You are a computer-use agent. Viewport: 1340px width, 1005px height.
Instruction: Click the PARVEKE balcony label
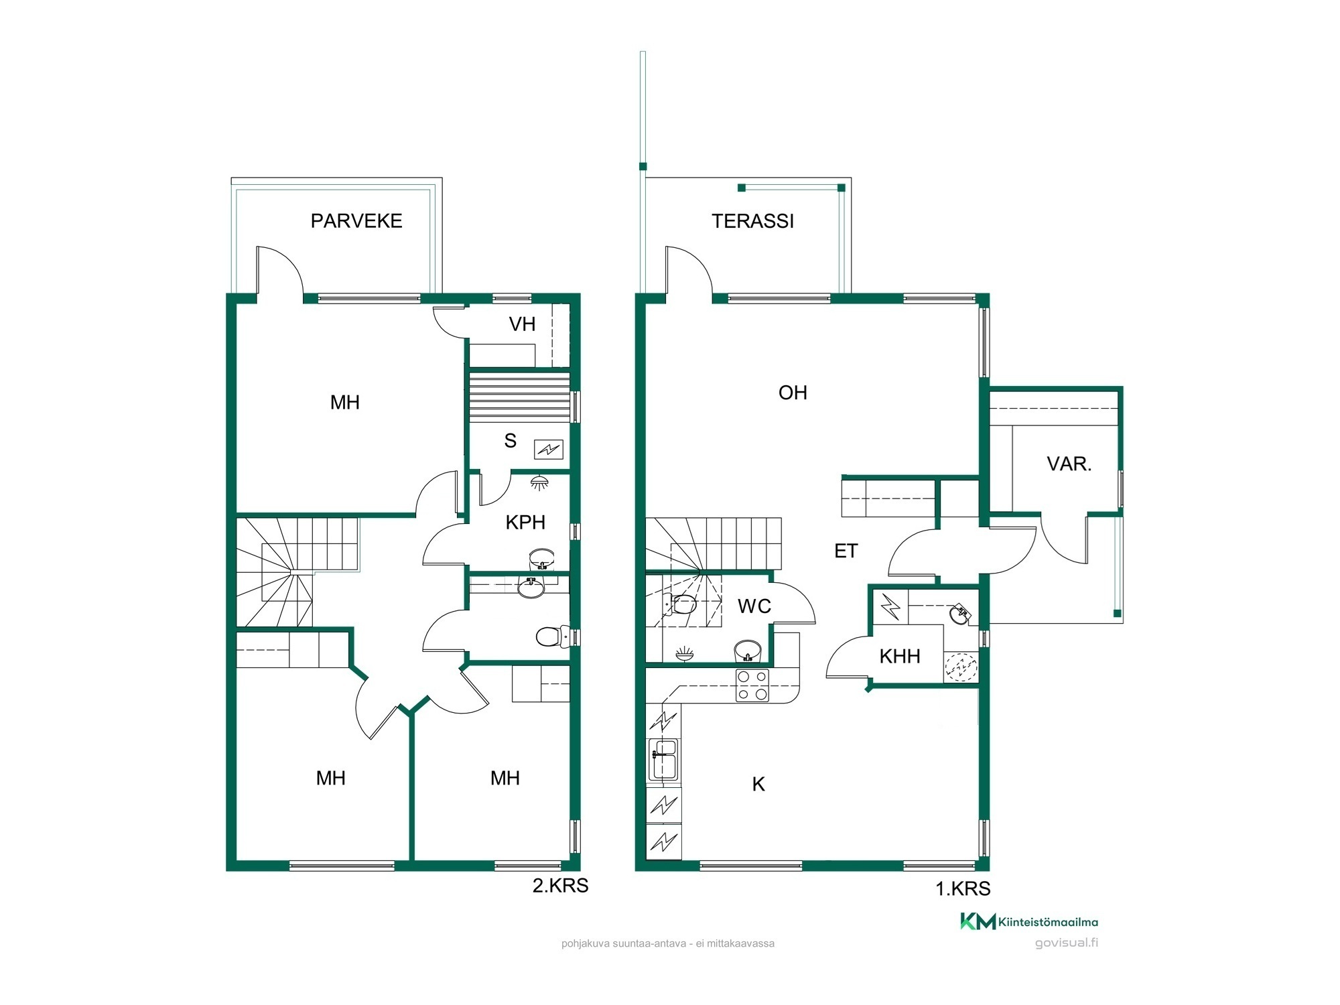[356, 221]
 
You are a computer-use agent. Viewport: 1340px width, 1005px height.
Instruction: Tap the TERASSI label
[752, 221]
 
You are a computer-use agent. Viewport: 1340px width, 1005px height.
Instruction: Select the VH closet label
[522, 324]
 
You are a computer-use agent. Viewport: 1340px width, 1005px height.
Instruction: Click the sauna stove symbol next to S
[548, 450]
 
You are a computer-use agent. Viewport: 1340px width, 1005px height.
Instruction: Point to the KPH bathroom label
[525, 522]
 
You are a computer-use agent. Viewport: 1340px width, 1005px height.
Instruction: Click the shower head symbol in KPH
[539, 482]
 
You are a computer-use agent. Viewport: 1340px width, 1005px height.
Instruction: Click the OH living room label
[793, 393]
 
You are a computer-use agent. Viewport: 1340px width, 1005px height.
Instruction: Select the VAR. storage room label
[1069, 464]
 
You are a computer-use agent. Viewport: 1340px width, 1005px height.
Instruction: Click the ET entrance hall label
[846, 551]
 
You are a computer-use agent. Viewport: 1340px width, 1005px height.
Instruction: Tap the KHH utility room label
[899, 656]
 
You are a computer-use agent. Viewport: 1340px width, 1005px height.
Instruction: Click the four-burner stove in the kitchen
[752, 685]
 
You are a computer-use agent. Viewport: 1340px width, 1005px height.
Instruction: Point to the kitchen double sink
[663, 760]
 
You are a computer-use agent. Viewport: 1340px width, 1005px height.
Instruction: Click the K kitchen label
[758, 784]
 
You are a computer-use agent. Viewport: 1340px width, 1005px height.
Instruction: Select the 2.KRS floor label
[560, 886]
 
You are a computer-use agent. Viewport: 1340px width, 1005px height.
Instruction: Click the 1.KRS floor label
[963, 888]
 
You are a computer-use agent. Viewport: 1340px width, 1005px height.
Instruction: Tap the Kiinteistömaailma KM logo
[1029, 922]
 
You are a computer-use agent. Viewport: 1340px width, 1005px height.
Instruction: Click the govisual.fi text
[1067, 943]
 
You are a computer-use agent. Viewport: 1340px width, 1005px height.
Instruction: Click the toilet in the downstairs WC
[681, 604]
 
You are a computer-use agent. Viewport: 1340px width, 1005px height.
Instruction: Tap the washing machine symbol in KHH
[961, 667]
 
